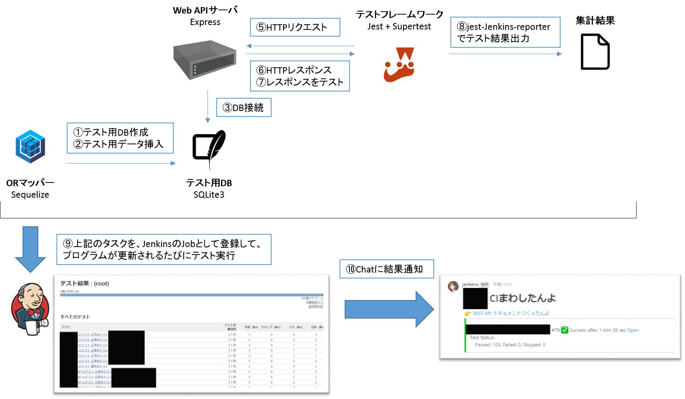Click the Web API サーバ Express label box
[x=205, y=16]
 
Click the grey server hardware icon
[x=205, y=60]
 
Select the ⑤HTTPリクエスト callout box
[x=295, y=27]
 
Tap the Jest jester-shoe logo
[x=400, y=65]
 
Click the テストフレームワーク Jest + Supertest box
[x=399, y=20]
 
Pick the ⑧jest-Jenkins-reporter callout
[x=505, y=32]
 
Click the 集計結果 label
[x=595, y=20]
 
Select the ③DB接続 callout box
[x=244, y=107]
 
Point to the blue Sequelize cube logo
[x=31, y=146]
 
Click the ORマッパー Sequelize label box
[x=30, y=189]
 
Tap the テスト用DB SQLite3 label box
[x=209, y=189]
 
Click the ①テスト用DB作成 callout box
[x=120, y=138]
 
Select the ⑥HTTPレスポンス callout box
[x=300, y=76]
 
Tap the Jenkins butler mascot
[x=30, y=309]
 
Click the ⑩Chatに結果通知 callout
[x=386, y=269]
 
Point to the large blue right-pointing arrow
[x=389, y=309]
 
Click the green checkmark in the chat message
[x=565, y=330]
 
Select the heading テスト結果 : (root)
[x=84, y=283]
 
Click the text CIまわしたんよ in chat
[x=522, y=298]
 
